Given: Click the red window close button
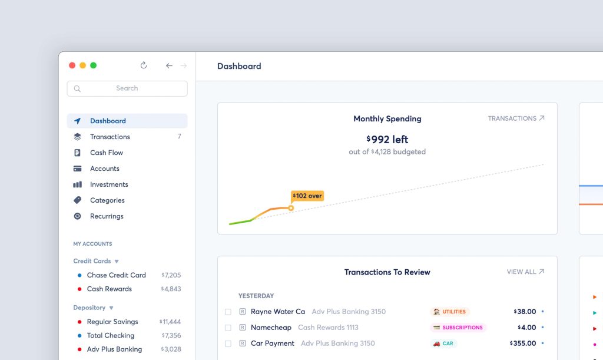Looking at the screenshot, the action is (x=72, y=65).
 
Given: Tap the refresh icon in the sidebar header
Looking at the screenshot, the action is (x=144, y=65).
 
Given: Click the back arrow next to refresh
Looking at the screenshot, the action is (x=169, y=66).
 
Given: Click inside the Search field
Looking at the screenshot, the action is (x=127, y=88).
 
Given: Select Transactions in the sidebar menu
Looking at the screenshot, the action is (x=110, y=137).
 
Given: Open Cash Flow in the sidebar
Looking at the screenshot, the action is (x=107, y=153).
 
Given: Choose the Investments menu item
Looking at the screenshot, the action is (x=109, y=184).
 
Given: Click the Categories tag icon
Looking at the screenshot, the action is (x=77, y=200).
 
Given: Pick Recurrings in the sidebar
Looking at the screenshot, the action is (x=107, y=216).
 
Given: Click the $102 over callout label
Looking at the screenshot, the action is (x=307, y=196).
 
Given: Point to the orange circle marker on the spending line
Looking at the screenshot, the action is (x=291, y=208).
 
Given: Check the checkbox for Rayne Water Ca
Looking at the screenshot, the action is (x=228, y=312).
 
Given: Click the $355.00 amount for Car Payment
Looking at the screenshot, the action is (x=523, y=343).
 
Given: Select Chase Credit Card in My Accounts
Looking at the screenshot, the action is (x=116, y=275).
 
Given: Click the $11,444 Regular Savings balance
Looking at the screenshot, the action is (x=170, y=322).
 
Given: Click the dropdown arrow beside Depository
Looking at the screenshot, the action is (x=111, y=308).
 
